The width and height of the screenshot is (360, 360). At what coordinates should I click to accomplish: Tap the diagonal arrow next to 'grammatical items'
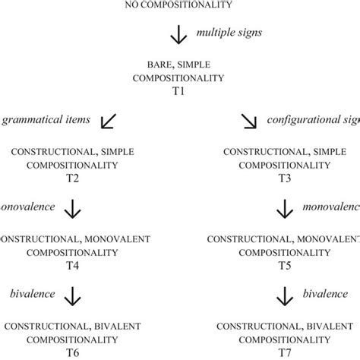pos(109,122)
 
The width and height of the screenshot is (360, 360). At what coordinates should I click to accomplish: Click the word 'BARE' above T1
pos(153,65)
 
